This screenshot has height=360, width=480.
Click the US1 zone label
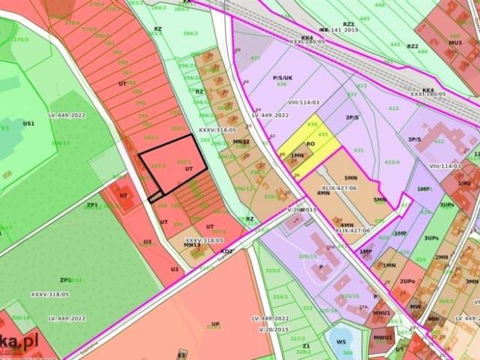pyautogui.click(x=28, y=122)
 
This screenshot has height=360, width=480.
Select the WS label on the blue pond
pyautogui.click(x=341, y=341)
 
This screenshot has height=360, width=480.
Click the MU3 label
pyautogui.click(x=455, y=43)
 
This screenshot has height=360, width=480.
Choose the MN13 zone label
pyautogui.click(x=192, y=244)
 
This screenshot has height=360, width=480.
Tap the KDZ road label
pyautogui.click(x=227, y=250)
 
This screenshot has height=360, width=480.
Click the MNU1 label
pyautogui.click(x=382, y=313)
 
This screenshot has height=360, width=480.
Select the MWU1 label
pyautogui.click(x=383, y=337)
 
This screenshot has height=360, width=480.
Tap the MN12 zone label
pyautogui.click(x=241, y=141)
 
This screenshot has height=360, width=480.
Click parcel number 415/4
pyautogui.click(x=392, y=162)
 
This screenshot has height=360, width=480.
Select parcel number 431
pyautogui.click(x=358, y=151)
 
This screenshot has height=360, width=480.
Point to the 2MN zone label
pyautogui.click(x=442, y=257)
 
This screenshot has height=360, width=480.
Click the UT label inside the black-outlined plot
pyautogui.click(x=189, y=169)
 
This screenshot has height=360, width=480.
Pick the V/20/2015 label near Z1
pyautogui.click(x=274, y=329)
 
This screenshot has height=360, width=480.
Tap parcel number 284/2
pyautogui.click(x=190, y=33)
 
